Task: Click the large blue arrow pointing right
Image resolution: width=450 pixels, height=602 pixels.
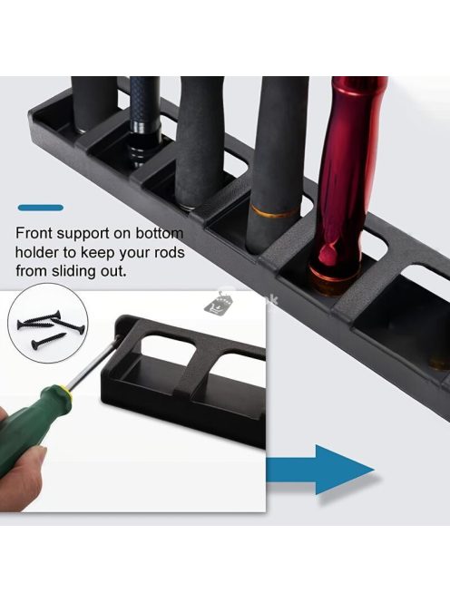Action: click(319, 470)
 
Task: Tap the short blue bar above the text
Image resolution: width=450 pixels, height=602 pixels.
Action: click(40, 208)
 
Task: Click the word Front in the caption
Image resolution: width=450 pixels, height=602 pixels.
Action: click(33, 233)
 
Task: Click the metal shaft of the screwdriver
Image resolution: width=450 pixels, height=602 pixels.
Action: click(94, 362)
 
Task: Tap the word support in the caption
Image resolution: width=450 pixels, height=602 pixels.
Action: click(82, 234)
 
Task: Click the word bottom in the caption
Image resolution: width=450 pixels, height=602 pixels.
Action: click(160, 233)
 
